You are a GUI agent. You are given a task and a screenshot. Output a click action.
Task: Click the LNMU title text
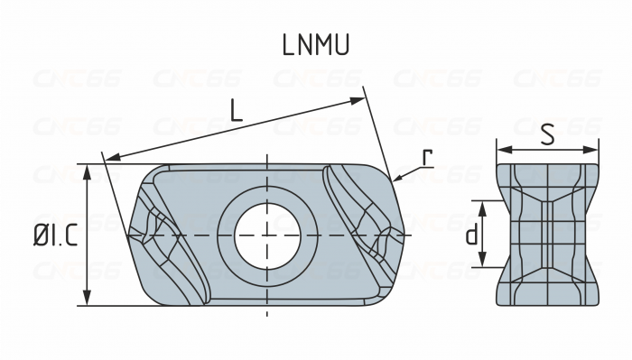click(x=315, y=45)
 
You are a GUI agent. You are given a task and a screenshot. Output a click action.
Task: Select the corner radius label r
click(x=427, y=156)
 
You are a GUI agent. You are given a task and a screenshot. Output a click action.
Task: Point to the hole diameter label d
click(x=471, y=235)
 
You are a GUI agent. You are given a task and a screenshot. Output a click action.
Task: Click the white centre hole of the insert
click(x=267, y=235)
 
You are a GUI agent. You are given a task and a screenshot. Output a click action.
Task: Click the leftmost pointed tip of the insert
click(x=129, y=236)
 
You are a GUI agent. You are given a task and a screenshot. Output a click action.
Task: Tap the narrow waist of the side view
click(x=547, y=235)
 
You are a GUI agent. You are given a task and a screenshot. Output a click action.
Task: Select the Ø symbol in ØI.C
click(x=41, y=236)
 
